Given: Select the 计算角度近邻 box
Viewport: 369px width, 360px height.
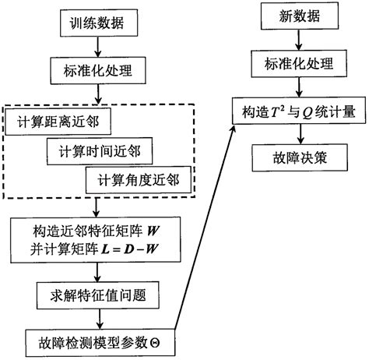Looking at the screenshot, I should coord(139,179).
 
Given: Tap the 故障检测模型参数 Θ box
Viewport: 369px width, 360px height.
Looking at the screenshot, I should coord(96,341).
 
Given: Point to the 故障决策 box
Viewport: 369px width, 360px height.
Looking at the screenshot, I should coord(290,157).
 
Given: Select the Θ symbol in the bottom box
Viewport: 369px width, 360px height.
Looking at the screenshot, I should coord(163,341).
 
